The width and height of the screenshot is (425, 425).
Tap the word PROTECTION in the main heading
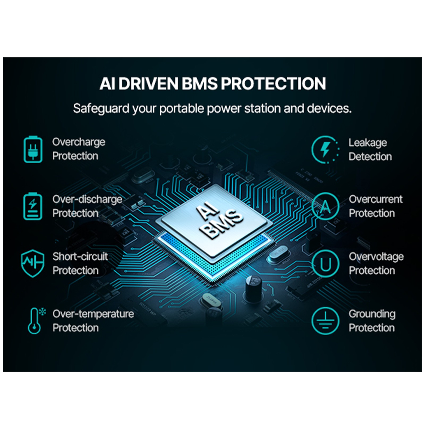[x=273, y=83]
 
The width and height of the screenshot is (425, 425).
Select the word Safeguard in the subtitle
[x=101, y=109]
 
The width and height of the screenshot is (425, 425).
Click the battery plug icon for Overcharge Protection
[x=33, y=149]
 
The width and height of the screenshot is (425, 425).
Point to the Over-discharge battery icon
[x=33, y=206]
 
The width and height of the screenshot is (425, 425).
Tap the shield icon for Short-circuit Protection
[x=32, y=263]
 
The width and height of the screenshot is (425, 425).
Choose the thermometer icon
[x=36, y=321]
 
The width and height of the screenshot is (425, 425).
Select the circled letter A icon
[x=325, y=206]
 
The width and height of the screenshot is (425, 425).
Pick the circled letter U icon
[x=325, y=264]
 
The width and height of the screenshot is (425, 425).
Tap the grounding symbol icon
[x=325, y=321]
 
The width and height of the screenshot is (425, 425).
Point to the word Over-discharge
[x=87, y=199]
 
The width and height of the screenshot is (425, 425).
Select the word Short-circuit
[x=80, y=257]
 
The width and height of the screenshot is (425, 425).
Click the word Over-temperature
[x=93, y=314]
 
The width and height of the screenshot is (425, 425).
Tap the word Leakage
[x=368, y=143]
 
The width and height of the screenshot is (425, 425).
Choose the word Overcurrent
[x=376, y=199]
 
